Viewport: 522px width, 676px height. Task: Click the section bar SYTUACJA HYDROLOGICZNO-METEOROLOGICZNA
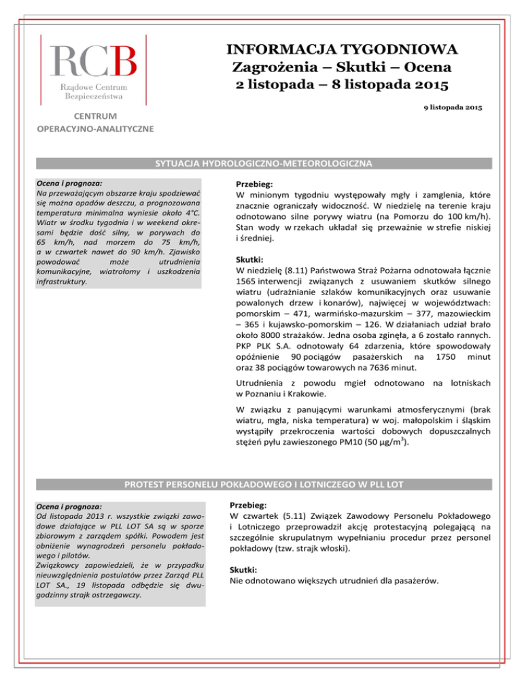[260, 165]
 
